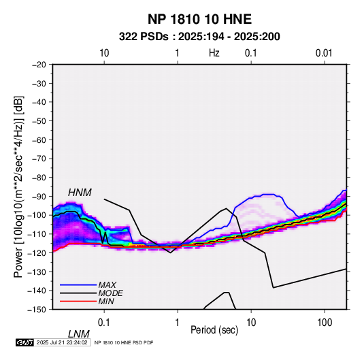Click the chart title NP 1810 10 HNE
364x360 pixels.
(x=199, y=19)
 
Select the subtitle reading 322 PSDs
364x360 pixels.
(x=144, y=37)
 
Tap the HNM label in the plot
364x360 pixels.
(x=80, y=193)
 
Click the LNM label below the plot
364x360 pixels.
(x=79, y=334)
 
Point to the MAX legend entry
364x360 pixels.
(x=107, y=284)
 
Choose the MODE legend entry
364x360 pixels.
(x=110, y=293)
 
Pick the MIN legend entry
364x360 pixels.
(x=106, y=301)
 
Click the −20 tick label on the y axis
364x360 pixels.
(x=39, y=65)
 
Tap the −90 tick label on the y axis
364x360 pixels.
(x=39, y=196)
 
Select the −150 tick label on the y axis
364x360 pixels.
(x=37, y=310)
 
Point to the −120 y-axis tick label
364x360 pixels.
(x=37, y=252)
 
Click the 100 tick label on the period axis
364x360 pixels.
(x=325, y=323)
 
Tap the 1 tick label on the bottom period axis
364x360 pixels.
(x=178, y=323)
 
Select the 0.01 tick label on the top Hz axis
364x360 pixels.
(x=324, y=53)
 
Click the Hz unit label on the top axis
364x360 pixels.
(x=214, y=53)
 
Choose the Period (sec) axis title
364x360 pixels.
(x=214, y=330)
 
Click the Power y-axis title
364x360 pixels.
(x=18, y=187)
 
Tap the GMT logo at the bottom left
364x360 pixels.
(x=24, y=342)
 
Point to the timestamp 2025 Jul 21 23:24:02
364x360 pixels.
(x=62, y=342)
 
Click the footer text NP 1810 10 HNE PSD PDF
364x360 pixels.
(x=124, y=342)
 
